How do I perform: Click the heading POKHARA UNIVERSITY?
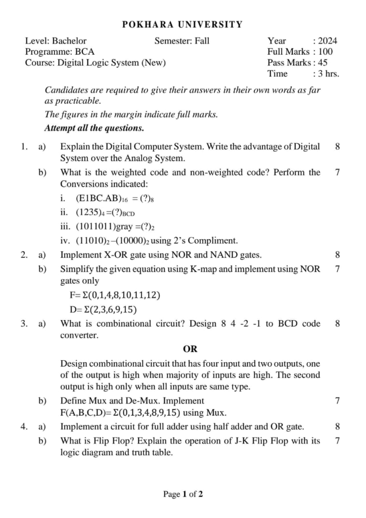[182, 24]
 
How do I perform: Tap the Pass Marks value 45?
[322, 63]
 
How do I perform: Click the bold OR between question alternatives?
[190, 349]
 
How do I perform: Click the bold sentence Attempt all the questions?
[95, 127]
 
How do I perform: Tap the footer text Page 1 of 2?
[183, 494]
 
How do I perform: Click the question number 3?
[24, 324]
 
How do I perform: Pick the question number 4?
[24, 426]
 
